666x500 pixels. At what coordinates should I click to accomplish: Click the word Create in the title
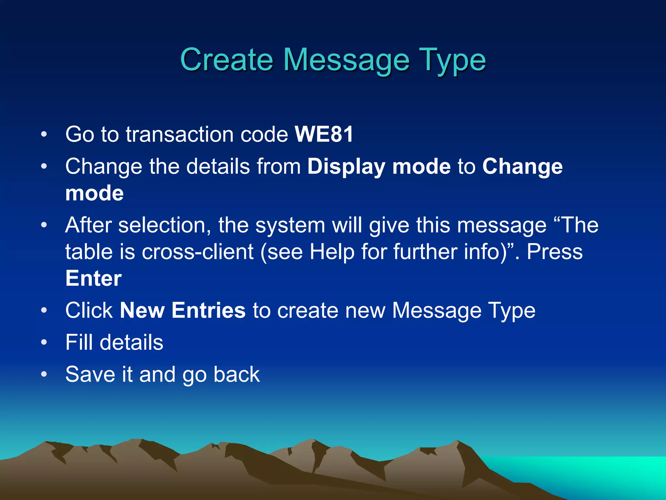click(226, 60)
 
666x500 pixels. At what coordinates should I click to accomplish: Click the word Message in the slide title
click(346, 60)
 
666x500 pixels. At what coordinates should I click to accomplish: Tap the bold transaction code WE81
click(324, 134)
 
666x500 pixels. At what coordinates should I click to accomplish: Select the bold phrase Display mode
click(379, 167)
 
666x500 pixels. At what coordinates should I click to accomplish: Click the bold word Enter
click(94, 279)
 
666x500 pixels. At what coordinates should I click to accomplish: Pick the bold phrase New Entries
click(183, 310)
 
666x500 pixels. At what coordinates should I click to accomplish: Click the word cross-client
click(197, 252)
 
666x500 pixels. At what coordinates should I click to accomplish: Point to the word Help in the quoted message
click(332, 252)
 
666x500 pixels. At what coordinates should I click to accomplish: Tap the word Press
click(554, 252)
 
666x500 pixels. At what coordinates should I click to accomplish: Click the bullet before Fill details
click(44, 342)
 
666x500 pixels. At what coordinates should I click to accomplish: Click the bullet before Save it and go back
click(44, 374)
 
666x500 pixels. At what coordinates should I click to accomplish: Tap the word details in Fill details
click(131, 342)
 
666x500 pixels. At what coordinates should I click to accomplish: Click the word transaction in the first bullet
click(180, 134)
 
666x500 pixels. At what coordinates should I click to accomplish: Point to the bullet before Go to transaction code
click(44, 134)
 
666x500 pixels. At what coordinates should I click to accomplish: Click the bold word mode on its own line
click(94, 193)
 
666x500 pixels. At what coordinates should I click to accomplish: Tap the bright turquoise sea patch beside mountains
click(602, 472)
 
